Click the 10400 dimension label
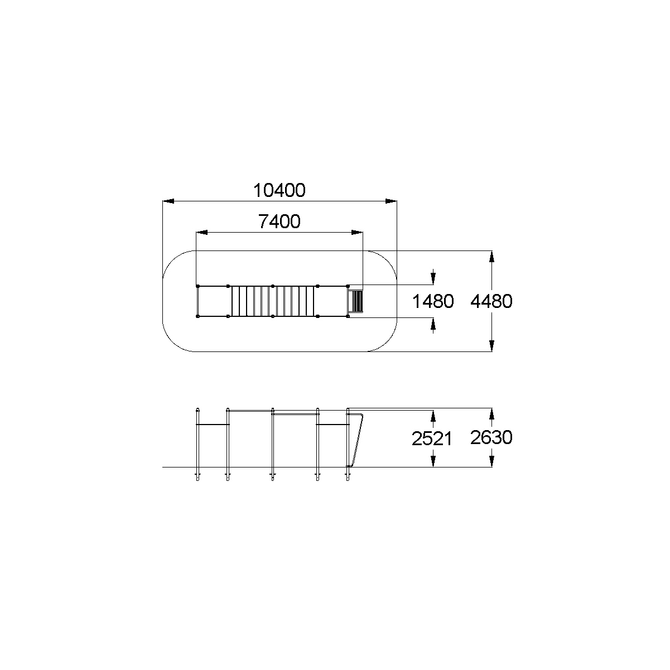[x=279, y=191]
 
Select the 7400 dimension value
[x=279, y=221]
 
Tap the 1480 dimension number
[x=433, y=301]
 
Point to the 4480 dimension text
[x=491, y=301]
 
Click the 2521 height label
[x=432, y=438]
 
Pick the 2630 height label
[x=491, y=437]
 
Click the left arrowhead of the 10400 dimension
[x=168, y=201]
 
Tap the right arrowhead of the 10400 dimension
[x=391, y=201]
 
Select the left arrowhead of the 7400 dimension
[x=201, y=232]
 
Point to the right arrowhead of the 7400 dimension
[x=357, y=232]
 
